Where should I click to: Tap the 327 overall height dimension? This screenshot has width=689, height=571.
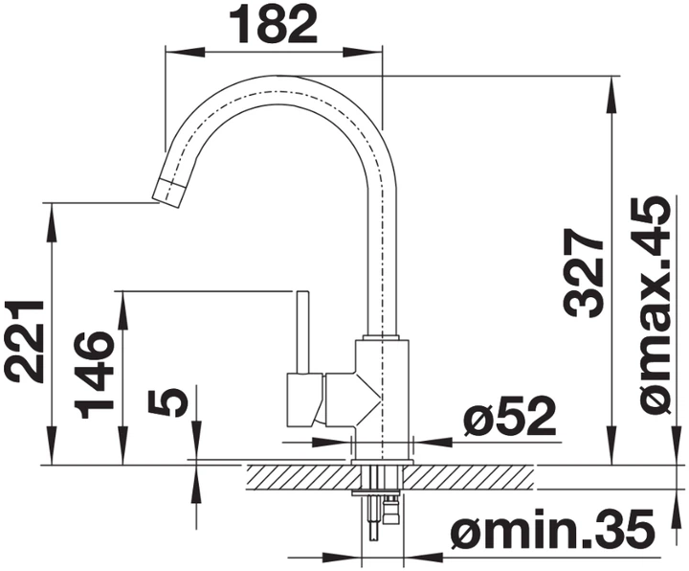583,273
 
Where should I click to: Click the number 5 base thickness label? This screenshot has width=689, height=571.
167,401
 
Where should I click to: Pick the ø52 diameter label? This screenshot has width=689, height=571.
509,416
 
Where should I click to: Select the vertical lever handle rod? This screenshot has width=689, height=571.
302,332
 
